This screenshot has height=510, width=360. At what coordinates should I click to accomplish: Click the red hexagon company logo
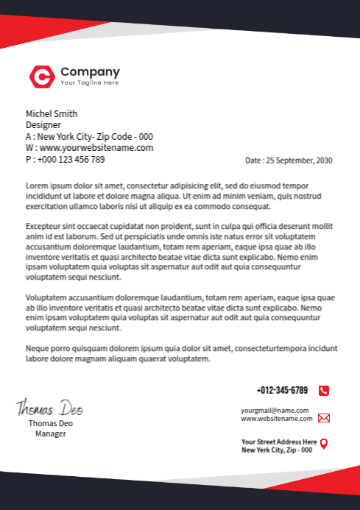(x=41, y=76)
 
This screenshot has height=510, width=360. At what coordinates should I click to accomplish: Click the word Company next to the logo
(x=90, y=72)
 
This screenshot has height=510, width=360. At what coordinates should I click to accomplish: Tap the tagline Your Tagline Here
(x=89, y=83)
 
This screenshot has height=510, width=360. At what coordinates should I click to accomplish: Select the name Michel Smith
(x=52, y=113)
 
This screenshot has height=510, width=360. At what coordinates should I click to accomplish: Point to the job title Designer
(x=43, y=125)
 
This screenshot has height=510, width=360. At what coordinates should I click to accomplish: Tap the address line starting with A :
(x=89, y=136)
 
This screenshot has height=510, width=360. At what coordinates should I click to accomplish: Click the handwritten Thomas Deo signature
(x=50, y=407)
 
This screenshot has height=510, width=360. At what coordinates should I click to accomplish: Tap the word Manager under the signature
(x=51, y=433)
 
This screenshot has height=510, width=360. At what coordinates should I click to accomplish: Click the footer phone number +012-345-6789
(x=282, y=390)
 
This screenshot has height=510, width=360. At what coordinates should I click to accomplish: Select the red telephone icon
(x=324, y=391)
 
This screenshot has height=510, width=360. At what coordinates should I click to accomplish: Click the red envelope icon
(x=324, y=418)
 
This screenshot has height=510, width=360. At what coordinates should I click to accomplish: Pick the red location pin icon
(x=324, y=443)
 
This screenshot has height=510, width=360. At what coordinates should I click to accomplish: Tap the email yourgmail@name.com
(x=275, y=410)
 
